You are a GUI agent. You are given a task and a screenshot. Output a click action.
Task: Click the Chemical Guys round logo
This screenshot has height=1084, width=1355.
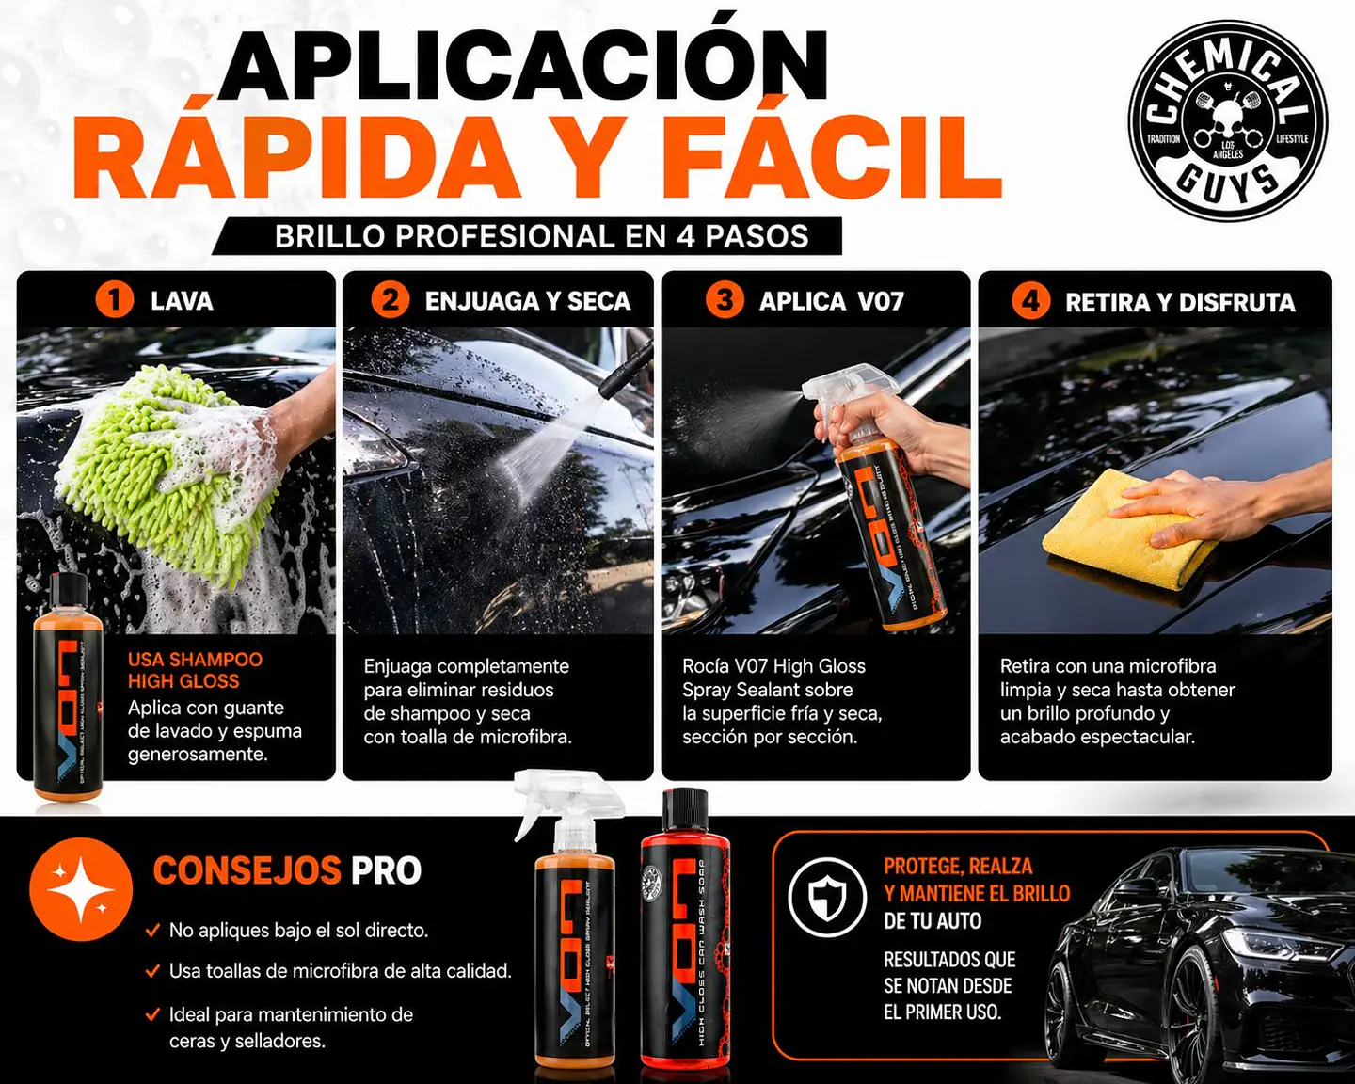coord(1227,122)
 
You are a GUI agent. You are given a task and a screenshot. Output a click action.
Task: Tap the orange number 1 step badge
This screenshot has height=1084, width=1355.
coord(115,300)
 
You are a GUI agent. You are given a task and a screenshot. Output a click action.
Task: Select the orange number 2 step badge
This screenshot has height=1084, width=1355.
coord(390,300)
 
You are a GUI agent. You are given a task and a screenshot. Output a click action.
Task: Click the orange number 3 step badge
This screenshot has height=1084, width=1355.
coord(725,300)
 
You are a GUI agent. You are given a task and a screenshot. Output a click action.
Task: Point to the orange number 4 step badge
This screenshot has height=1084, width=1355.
coord(1030,301)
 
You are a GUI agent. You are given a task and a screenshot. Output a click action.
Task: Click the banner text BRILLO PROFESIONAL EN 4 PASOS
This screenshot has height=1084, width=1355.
coord(541,236)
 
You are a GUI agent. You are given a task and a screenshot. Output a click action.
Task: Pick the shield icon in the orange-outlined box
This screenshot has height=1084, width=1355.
coord(826,897)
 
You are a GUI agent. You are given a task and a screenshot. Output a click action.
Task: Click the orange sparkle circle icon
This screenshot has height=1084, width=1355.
coord(81,888)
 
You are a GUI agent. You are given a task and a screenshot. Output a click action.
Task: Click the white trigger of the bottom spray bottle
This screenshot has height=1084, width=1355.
coord(565,800)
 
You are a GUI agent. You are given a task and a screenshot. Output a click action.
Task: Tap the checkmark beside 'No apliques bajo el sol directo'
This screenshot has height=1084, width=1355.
coord(152,931)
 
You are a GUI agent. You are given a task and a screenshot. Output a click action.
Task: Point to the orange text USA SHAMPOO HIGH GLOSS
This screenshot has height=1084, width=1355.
coord(195,670)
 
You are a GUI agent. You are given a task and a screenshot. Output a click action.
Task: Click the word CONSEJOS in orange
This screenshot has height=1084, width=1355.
coord(247,870)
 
